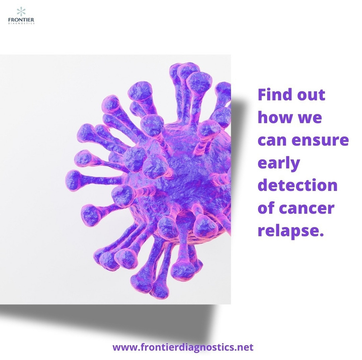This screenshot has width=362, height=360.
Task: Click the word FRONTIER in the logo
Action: (x=21, y=20)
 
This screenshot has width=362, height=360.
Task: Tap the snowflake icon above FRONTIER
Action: (x=21, y=11)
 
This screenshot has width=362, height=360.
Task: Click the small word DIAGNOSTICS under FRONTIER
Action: (x=21, y=23)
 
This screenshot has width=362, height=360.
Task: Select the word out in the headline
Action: (x=311, y=95)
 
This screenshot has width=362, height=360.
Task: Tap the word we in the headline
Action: (x=310, y=119)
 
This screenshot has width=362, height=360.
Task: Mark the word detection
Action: (x=297, y=185)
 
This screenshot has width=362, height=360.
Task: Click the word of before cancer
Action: (x=266, y=208)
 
